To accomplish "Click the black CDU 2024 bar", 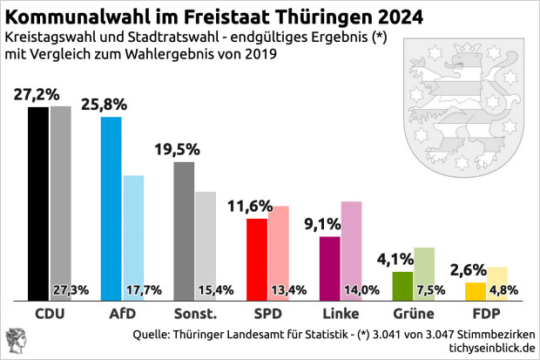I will pyautogui.click(x=38, y=200).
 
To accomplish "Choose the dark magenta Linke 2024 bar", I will pyautogui.click(x=330, y=265).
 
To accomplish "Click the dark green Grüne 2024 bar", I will pyautogui.click(x=402, y=283).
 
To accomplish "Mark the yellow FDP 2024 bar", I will pyautogui.click(x=476, y=289).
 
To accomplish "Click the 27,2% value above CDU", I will pyautogui.click(x=37, y=93).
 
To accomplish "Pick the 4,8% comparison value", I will pyautogui.click(x=506, y=290).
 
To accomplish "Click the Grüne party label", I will pyautogui.click(x=412, y=313).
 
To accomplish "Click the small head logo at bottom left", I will pyautogui.click(x=16, y=341).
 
